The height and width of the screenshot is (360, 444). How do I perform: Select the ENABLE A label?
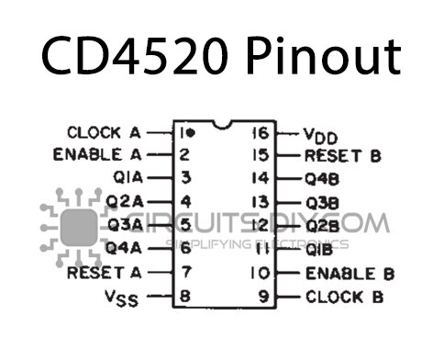[99, 154]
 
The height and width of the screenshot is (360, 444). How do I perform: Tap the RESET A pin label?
[105, 272]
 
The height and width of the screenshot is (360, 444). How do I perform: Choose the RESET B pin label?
[342, 155]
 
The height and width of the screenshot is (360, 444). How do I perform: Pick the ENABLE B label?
[350, 273]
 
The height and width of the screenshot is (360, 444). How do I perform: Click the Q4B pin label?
[325, 178]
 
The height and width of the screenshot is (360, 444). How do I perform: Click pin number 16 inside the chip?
[261, 132]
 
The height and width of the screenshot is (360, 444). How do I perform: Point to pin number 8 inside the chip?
[184, 297]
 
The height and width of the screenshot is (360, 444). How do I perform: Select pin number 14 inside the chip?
[261, 178]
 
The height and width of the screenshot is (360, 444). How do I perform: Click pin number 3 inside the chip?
[184, 177]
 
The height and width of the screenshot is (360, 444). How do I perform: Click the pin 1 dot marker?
[191, 132]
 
